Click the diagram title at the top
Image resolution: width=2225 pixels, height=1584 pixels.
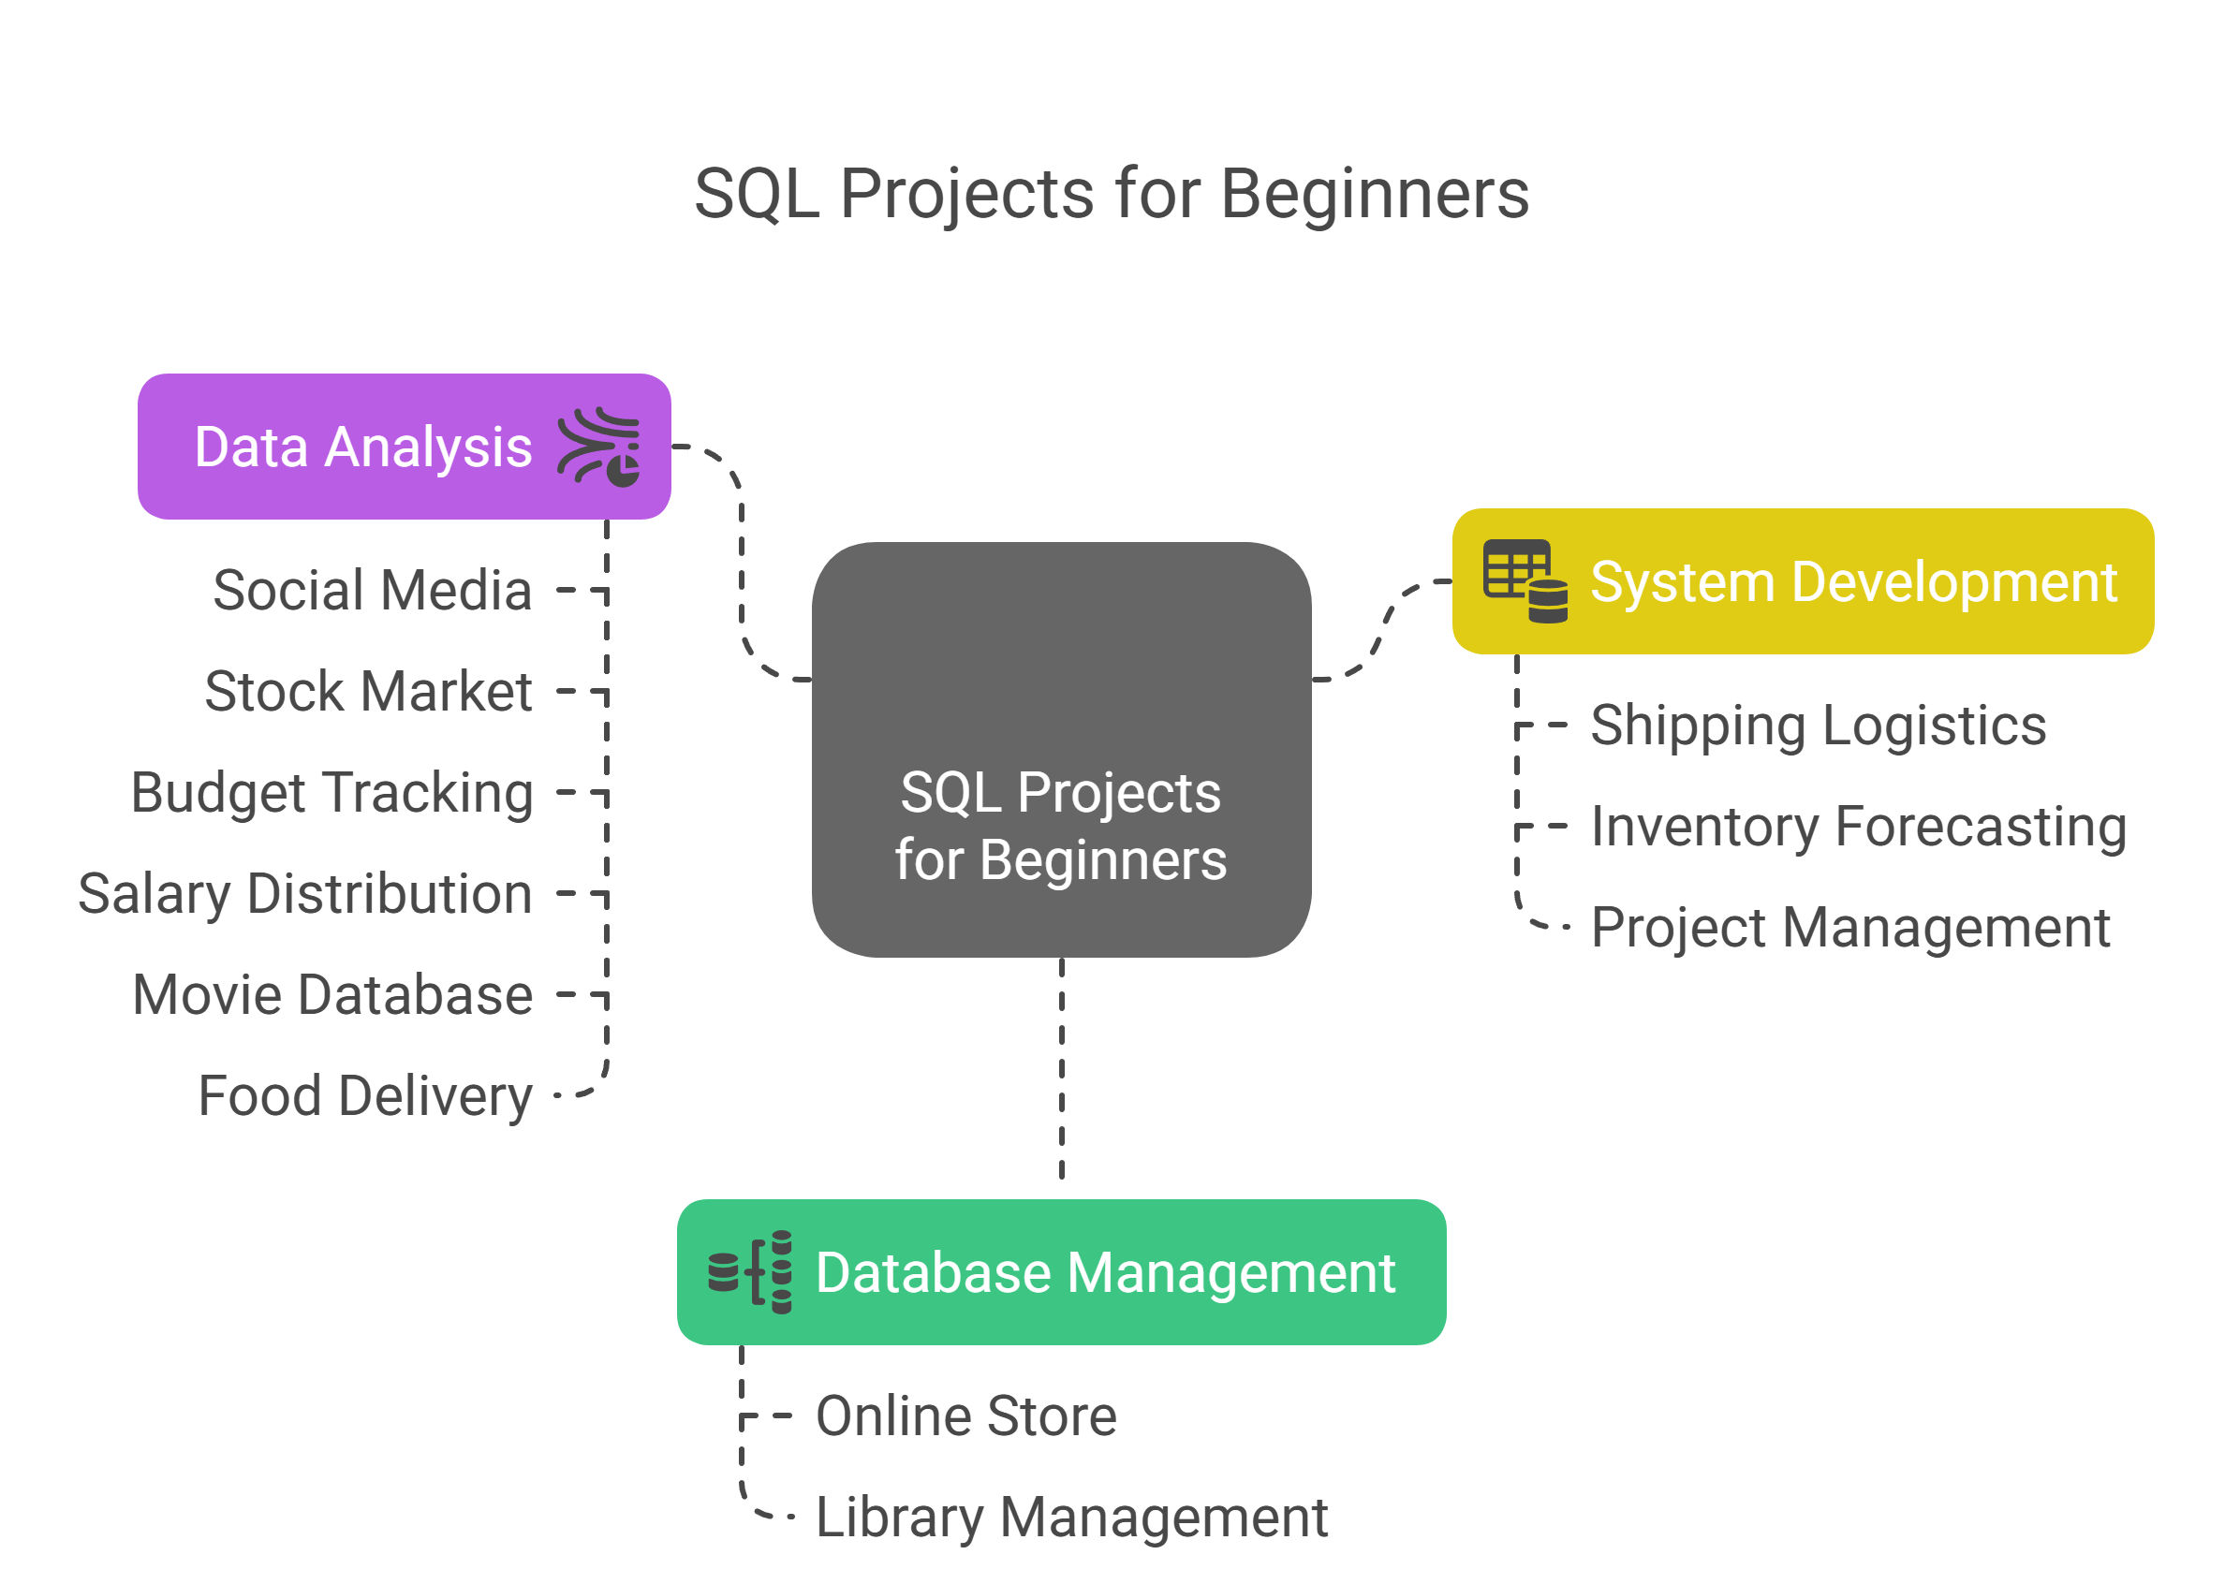click(1111, 194)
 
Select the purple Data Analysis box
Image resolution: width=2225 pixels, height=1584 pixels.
click(404, 446)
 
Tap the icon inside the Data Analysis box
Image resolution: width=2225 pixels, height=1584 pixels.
click(599, 446)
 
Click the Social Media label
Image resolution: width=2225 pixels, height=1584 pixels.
click(373, 590)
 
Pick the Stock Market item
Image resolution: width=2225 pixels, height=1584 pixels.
click(369, 692)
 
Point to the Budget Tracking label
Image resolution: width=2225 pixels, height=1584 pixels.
click(332, 793)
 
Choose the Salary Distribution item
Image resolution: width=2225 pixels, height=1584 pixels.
click(305, 894)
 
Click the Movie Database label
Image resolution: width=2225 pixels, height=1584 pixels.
click(332, 995)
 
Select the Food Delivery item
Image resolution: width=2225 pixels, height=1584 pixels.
click(366, 1096)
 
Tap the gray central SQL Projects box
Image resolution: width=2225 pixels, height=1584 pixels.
click(1061, 749)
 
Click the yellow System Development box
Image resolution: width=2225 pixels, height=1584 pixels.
click(1803, 581)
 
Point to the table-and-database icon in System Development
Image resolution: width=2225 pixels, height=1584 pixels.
click(1525, 581)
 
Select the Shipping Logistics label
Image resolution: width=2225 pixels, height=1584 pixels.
click(1819, 726)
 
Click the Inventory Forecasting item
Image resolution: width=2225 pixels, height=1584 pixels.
click(1859, 828)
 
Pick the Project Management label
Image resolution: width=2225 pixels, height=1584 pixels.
click(1850, 928)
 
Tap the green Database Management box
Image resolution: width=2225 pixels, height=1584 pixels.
click(1061, 1272)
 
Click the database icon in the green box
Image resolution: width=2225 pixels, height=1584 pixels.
click(750, 1272)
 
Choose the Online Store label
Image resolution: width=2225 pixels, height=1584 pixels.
click(965, 1416)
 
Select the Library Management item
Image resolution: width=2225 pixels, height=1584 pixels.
click(1071, 1518)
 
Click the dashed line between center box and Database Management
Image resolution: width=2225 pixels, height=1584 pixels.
click(1061, 1069)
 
